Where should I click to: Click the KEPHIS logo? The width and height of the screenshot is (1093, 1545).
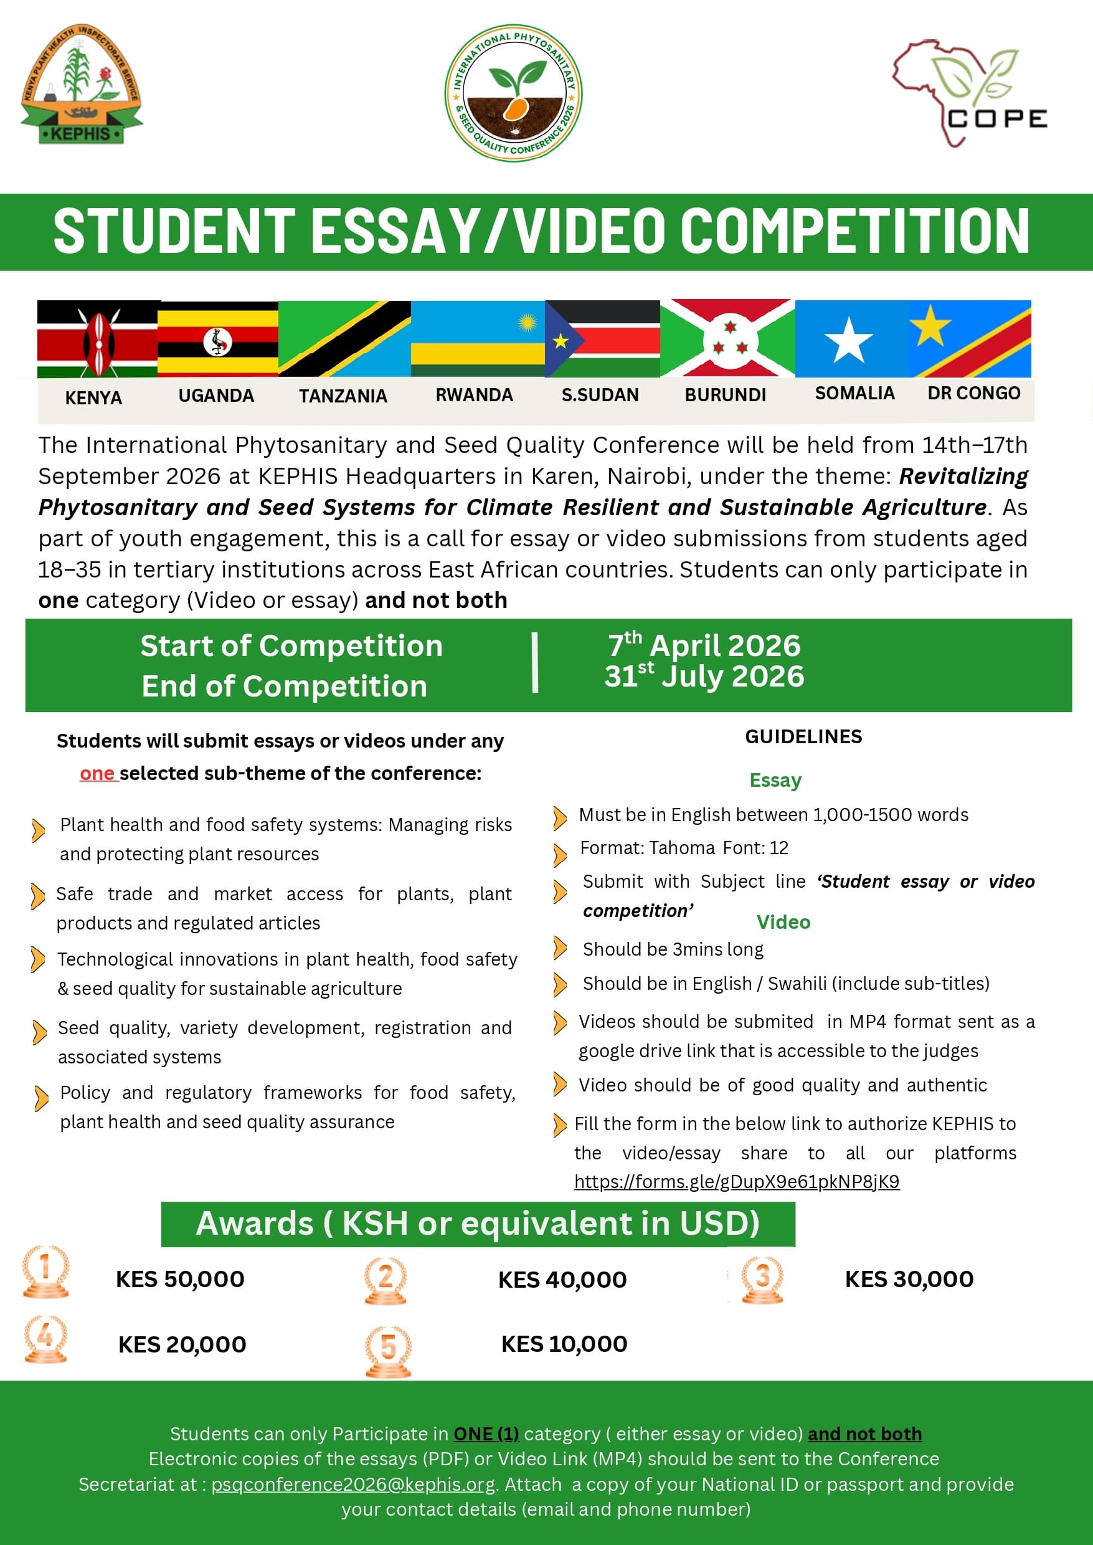point(82,85)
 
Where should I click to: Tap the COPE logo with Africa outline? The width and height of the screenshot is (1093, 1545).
point(968,93)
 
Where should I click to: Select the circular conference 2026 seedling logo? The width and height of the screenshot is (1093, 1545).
point(514,93)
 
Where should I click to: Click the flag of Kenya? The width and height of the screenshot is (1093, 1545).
point(98,339)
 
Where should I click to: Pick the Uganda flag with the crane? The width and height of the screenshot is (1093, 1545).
point(217,339)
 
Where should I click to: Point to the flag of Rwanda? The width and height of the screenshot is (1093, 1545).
point(477,339)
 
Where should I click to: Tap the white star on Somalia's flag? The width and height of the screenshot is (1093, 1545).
point(849,340)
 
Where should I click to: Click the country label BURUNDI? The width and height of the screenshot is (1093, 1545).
point(725,395)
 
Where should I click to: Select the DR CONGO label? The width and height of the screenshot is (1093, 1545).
point(973,393)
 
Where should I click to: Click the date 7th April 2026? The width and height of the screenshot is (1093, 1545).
point(704,645)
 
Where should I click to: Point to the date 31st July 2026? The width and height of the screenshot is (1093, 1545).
point(704,676)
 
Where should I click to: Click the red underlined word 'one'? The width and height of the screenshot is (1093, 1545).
point(98,774)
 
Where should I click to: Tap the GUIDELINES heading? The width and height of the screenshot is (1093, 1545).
point(803,736)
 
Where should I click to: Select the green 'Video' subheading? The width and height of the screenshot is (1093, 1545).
point(783,922)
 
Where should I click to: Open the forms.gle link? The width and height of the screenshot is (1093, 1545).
point(736,1181)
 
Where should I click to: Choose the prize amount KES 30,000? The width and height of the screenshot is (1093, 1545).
point(909,1279)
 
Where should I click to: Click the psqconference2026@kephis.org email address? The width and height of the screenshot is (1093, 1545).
point(353,1485)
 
